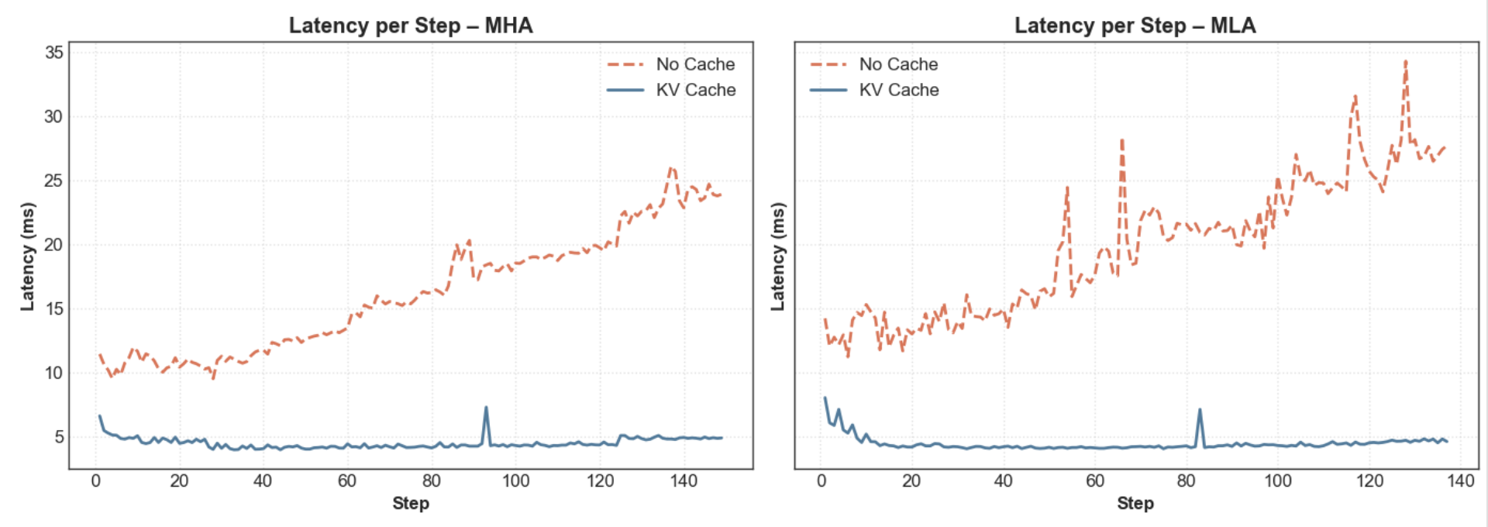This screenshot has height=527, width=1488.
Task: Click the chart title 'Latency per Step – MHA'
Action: tap(411, 26)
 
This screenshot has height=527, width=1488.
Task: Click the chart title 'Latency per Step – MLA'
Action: tap(1135, 26)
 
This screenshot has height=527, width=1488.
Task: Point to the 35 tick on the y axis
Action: tap(54, 53)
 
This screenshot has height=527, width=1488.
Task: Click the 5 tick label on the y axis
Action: tap(59, 437)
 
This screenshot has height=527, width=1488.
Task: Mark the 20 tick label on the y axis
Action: tap(54, 245)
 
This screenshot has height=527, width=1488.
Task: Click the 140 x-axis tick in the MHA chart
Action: tap(684, 481)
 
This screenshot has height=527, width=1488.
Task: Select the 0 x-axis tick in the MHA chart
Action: tap(96, 481)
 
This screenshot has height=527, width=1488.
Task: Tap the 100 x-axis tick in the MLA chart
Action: tap(1278, 481)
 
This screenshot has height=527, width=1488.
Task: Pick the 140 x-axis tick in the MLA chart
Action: tap(1460, 481)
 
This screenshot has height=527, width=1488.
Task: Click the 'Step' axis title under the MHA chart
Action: tap(411, 504)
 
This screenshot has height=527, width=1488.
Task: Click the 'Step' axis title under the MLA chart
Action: tap(1135, 504)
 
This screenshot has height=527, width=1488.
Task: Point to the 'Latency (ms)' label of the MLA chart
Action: tap(777, 257)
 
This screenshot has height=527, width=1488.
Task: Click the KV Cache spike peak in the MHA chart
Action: tap(486, 407)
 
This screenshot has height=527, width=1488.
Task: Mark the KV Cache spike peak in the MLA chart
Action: tap(1200, 409)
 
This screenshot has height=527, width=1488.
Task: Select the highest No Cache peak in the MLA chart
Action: tap(1406, 60)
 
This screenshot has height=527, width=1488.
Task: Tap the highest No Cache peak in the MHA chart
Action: tap(671, 167)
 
